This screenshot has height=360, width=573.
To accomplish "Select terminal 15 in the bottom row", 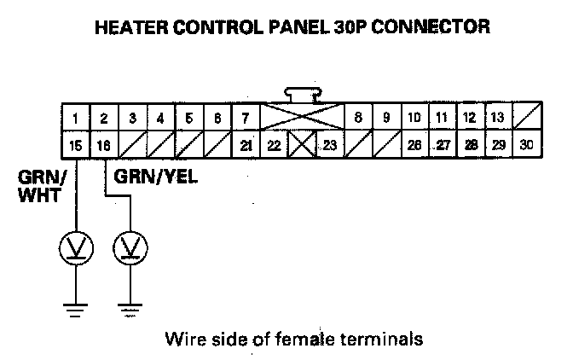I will (76, 145).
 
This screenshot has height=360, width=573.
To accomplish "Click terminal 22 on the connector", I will (275, 145).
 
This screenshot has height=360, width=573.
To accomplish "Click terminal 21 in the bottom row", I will (246, 145).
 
